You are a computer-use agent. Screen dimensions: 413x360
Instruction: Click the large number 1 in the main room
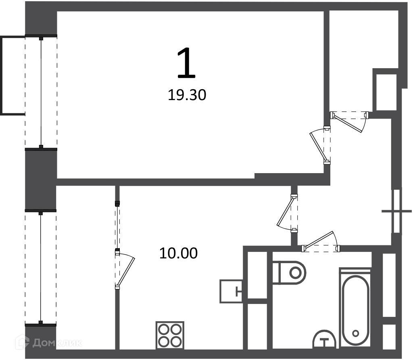pos(186,63)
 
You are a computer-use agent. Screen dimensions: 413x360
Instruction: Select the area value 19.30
pos(187,95)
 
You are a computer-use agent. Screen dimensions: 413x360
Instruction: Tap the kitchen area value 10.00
pos(179,253)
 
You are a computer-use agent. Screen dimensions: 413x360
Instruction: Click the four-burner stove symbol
pos(170,335)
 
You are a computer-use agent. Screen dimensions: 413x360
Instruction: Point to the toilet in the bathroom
pos(289,272)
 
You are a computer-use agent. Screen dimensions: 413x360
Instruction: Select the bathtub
pos(356,307)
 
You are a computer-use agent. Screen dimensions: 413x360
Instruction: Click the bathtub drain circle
pos(356,333)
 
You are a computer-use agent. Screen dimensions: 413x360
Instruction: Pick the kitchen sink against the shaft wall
pos(231,291)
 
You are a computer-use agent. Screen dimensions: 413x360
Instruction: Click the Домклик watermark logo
pos(49,342)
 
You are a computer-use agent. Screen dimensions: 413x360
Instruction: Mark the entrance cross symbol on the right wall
pos(397,211)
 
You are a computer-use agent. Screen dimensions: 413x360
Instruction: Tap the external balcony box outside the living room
pos(13,75)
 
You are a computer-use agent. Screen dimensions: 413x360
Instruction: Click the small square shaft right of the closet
pos(386,92)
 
